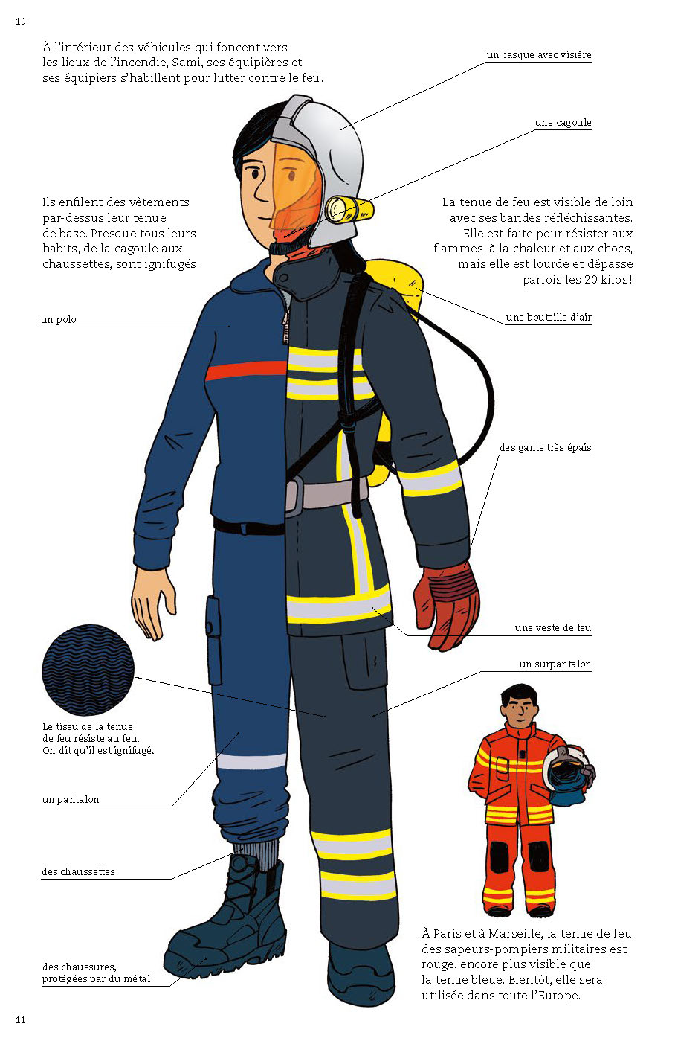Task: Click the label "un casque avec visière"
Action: pos(538,55)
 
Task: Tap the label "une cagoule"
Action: pos(563,123)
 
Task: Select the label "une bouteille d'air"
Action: pos(549,318)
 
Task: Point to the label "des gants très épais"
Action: pos(545,447)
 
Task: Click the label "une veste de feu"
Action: pos(552,628)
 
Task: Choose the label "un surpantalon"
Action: pos(555,664)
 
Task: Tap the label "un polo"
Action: pos(59,320)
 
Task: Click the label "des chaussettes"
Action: pos(79,872)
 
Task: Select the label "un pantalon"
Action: pos(71,799)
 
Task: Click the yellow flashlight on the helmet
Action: pos(349,210)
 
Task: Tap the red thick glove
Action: pos(446,606)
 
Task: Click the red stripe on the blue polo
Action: pos(246,371)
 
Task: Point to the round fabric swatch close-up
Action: pos(88,670)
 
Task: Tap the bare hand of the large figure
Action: pos(153,603)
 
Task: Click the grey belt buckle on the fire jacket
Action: pos(294,496)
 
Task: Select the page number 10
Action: pos(20,22)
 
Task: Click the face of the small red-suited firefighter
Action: pos(519,708)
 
